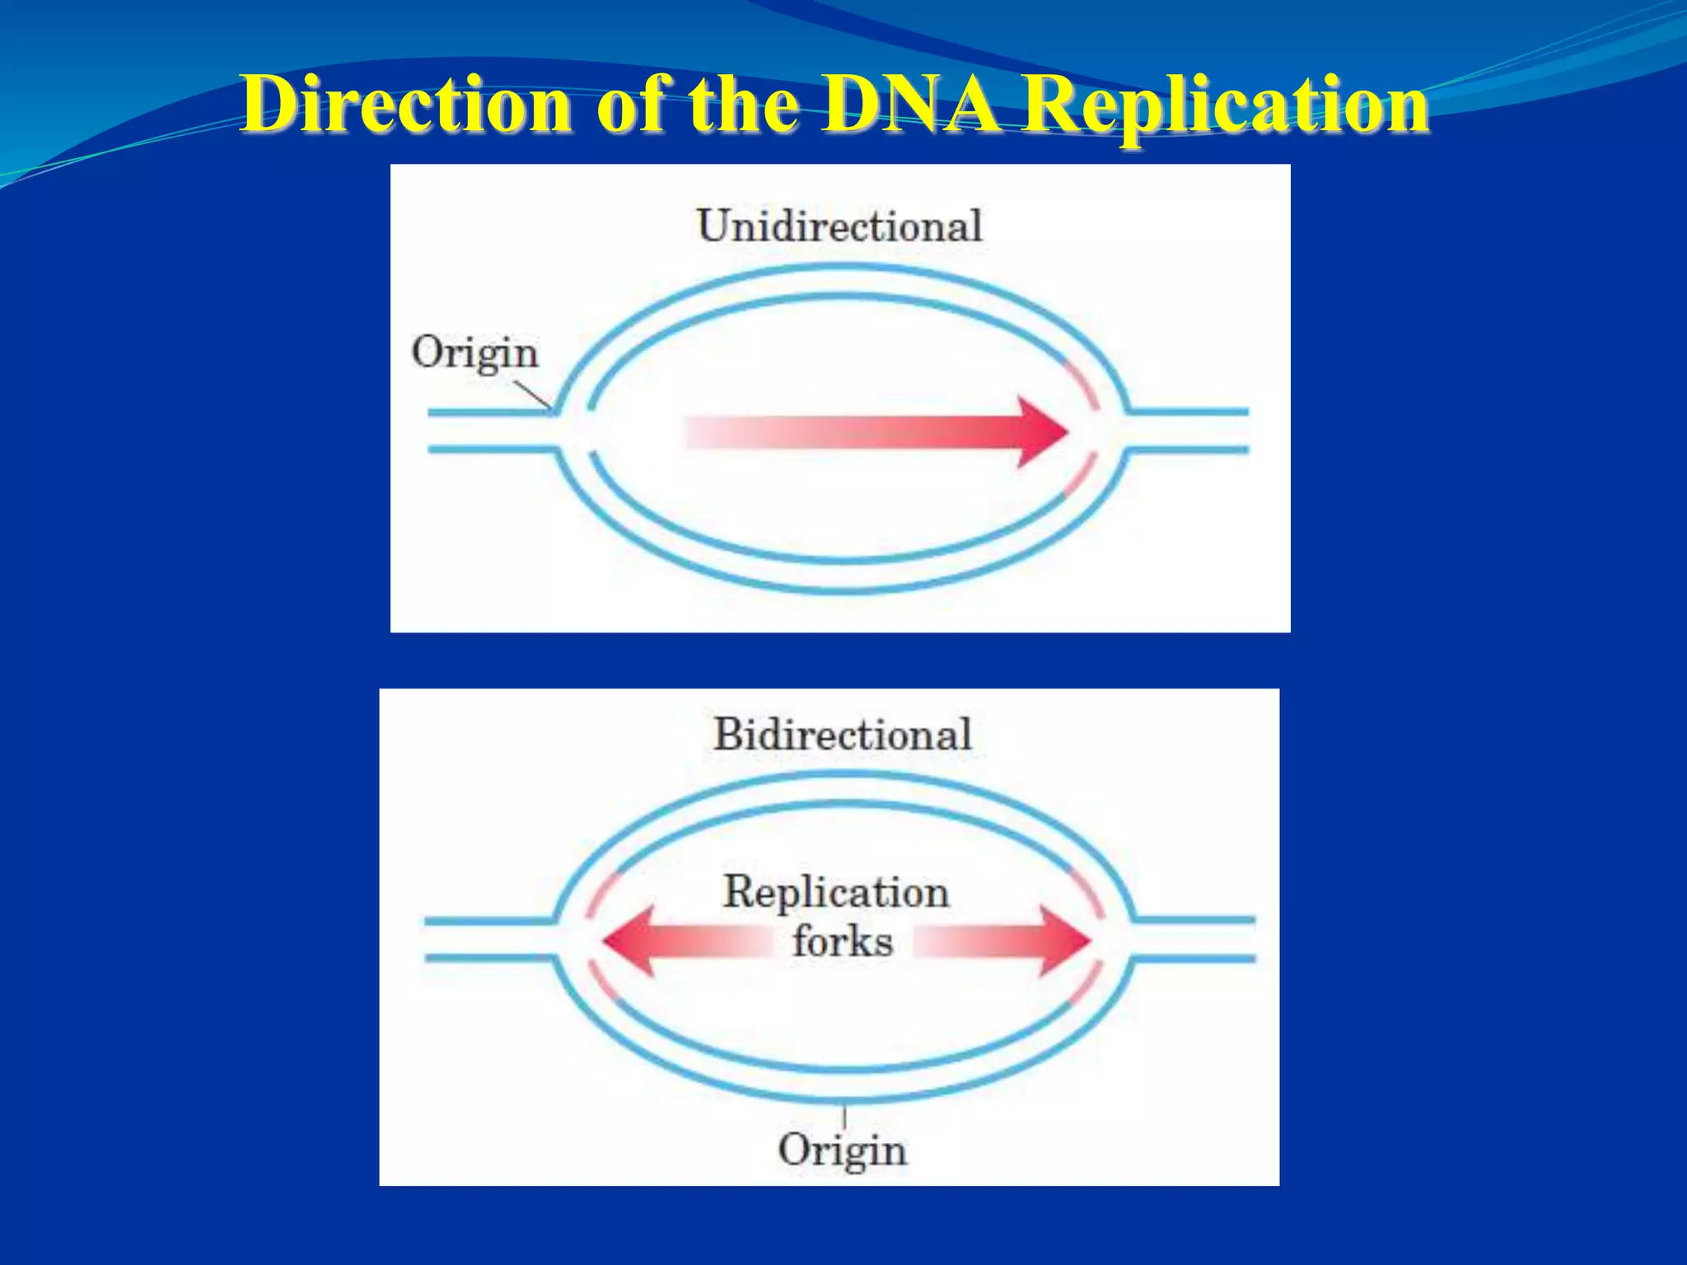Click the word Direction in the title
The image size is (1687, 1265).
[x=407, y=105]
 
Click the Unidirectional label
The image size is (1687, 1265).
[x=839, y=226]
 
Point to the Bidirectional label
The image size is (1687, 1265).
[x=842, y=734]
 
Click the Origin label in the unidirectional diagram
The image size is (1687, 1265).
[x=474, y=353]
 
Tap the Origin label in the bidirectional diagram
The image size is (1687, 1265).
[x=842, y=1150]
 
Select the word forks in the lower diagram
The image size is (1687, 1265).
[x=842, y=941]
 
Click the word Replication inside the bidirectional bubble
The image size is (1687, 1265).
[x=836, y=893]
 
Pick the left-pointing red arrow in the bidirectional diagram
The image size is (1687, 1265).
[x=684, y=941]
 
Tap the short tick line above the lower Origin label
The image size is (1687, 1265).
[x=844, y=1117]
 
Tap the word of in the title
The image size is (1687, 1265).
[x=630, y=105]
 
